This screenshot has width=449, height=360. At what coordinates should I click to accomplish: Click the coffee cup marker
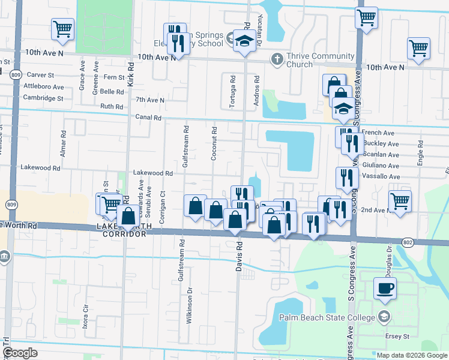point(385,288)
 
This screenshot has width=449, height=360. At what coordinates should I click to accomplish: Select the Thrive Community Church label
point(319,61)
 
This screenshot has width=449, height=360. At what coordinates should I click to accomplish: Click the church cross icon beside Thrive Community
point(277,59)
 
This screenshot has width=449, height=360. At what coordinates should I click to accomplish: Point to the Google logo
point(20,353)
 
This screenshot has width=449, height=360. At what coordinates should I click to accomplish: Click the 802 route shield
point(408,241)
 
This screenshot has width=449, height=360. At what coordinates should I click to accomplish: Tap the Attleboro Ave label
point(43,86)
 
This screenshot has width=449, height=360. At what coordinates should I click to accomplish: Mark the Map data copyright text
point(411,355)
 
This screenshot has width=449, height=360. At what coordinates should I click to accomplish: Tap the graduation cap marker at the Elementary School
point(244,41)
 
